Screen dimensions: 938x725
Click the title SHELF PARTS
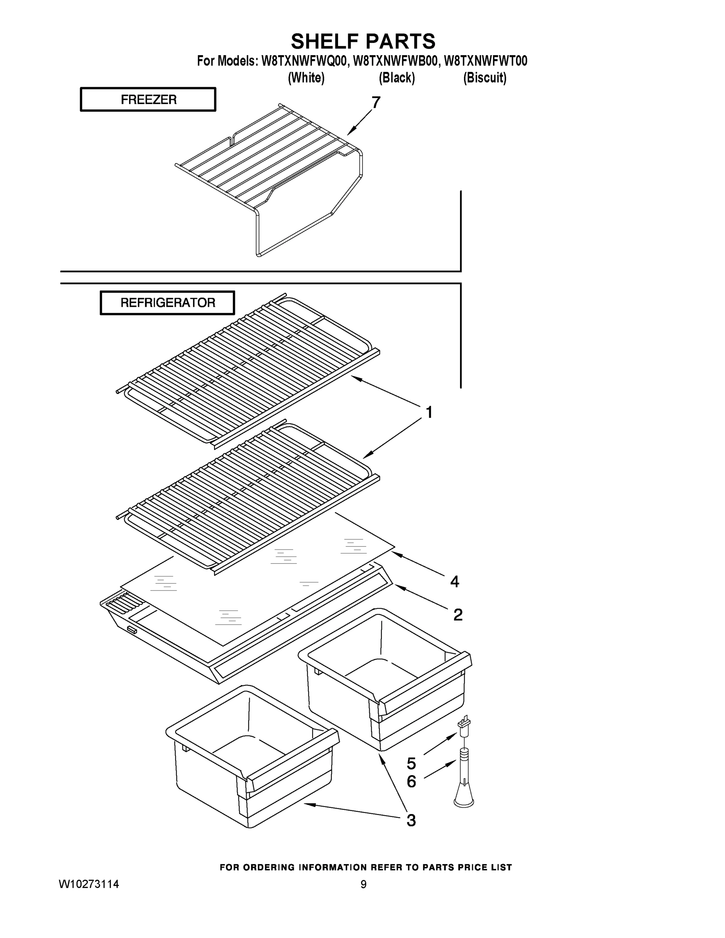pyautogui.click(x=363, y=42)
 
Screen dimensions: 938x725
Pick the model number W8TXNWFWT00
pyautogui.click(x=485, y=61)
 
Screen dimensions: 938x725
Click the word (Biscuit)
pyautogui.click(x=485, y=78)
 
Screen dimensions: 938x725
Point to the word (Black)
pyautogui.click(x=396, y=78)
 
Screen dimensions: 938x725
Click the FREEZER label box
pyautogui.click(x=148, y=100)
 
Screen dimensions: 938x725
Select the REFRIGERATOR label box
pyautogui.click(x=168, y=303)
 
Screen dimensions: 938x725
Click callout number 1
pyautogui.click(x=429, y=412)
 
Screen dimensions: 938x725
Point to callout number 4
pyautogui.click(x=455, y=582)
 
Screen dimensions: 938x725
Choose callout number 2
pyautogui.click(x=458, y=615)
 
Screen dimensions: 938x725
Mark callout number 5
pyautogui.click(x=411, y=764)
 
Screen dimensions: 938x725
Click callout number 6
pyautogui.click(x=411, y=782)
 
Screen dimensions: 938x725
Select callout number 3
pyautogui.click(x=411, y=820)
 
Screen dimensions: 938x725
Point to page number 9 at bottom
pyautogui.click(x=363, y=884)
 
